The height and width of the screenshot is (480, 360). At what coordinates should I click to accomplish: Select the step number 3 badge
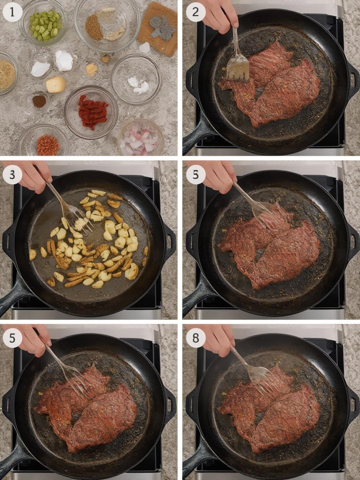coord(12,175)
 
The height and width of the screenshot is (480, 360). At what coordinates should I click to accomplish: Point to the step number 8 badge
coord(196,338)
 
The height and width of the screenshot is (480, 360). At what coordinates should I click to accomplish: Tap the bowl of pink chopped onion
coord(141,138)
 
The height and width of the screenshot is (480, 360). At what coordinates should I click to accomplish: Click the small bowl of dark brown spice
coord(39,101)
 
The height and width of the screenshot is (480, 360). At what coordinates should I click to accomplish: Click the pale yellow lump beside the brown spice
coord(56,84)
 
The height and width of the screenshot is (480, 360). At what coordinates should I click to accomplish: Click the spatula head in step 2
coord(237,70)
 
